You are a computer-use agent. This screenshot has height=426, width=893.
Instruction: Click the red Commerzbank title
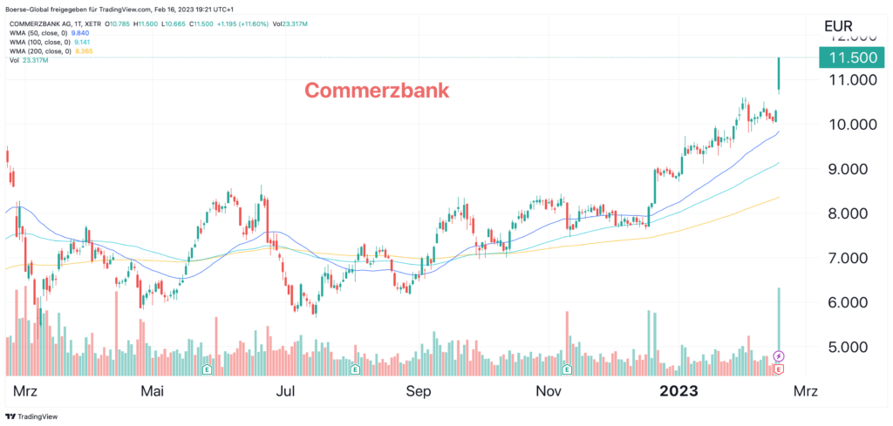coord(376,90)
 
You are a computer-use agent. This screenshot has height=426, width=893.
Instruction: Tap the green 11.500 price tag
coord(851,57)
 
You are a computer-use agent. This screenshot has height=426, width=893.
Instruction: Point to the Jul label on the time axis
coord(285,391)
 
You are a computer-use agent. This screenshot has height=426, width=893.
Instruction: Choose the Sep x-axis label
coord(419,391)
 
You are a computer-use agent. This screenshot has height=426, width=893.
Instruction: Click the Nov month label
coord(548,391)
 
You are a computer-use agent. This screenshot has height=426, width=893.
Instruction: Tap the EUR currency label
coord(843,25)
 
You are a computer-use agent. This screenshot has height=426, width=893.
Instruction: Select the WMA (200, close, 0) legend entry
coord(48,51)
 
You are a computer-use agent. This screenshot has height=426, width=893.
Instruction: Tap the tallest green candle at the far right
coord(778,74)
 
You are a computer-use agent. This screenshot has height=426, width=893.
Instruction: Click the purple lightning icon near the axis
coord(779,356)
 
